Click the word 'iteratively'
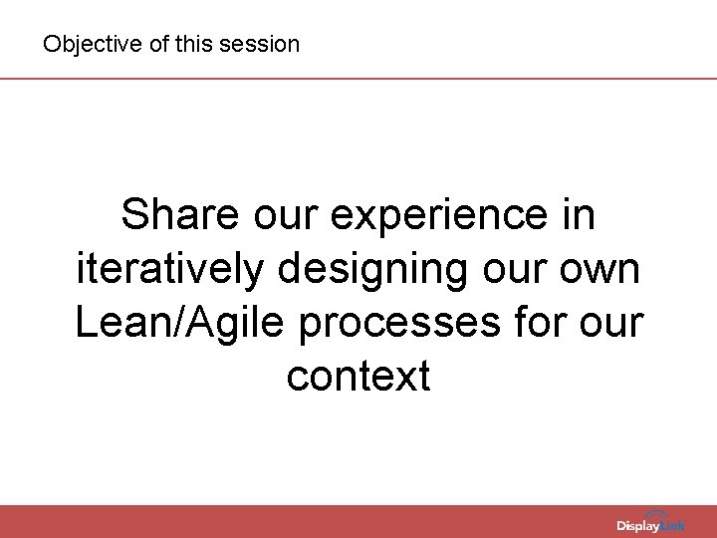170,269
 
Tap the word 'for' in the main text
543,323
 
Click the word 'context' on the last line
358,377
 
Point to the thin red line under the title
358,78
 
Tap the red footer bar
299,521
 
